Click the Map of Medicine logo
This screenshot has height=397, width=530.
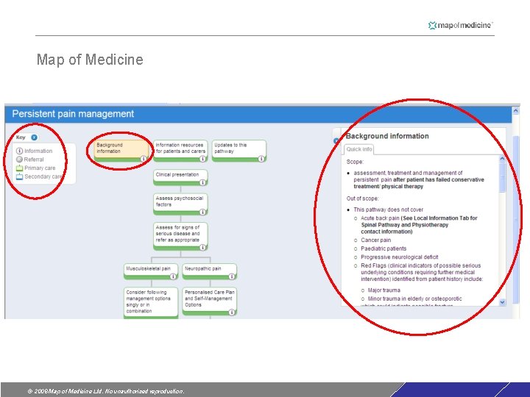tap(460, 25)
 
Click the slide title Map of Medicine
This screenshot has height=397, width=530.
tap(90, 60)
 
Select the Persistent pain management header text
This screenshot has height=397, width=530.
tap(73, 114)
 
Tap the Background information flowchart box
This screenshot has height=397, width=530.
tap(120, 149)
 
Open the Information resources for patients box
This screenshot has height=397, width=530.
tap(180, 149)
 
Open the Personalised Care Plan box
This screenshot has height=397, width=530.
tap(209, 300)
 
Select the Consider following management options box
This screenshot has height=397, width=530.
tap(150, 301)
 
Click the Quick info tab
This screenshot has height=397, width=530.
tap(359, 149)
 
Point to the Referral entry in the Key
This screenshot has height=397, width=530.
tap(34, 160)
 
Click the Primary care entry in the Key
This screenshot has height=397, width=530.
tap(39, 168)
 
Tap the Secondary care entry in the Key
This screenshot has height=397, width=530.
tap(43, 177)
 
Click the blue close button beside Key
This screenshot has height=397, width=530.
tap(34, 137)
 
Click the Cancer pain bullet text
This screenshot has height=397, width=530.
tap(375, 240)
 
